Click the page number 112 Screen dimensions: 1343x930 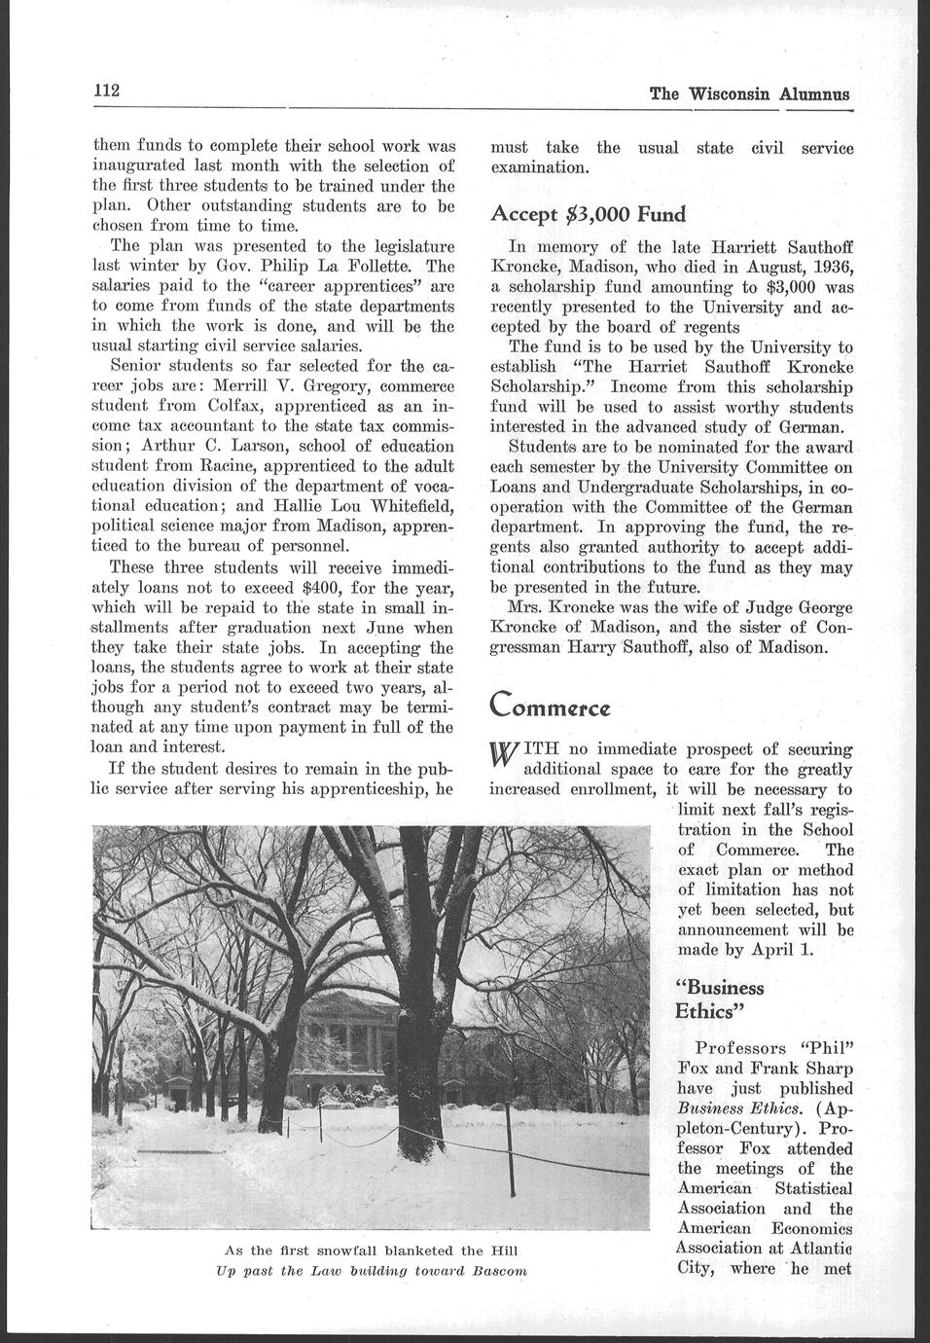pos(105,91)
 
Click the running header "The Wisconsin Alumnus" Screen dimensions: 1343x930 pos(749,94)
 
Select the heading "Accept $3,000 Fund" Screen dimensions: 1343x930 pos(588,214)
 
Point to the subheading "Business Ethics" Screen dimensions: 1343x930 pos(720,998)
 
